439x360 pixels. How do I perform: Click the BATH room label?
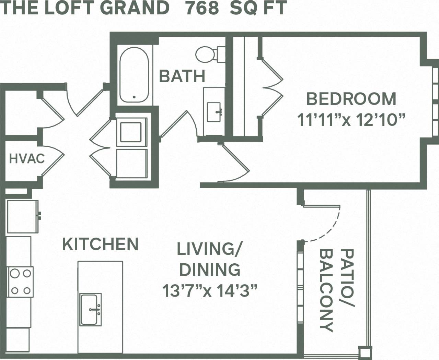182,76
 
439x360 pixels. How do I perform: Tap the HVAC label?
27,159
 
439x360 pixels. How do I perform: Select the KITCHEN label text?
100,244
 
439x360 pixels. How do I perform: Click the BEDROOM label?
351,99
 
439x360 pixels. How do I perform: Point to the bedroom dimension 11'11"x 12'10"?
351,120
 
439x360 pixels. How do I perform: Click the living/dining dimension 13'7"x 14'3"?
210,291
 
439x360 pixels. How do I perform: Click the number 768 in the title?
202,8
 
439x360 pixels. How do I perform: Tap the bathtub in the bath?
134,75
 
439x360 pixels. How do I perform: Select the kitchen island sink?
91,309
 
